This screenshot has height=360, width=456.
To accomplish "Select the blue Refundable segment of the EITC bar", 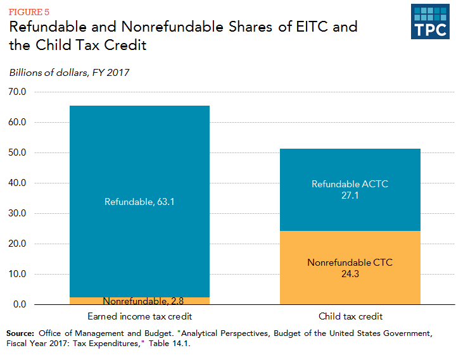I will (x=139, y=158).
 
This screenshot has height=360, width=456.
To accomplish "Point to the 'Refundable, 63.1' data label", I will (x=139, y=202).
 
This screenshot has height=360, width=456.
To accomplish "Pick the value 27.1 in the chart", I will (x=350, y=196).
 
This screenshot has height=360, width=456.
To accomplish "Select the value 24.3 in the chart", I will (x=350, y=274).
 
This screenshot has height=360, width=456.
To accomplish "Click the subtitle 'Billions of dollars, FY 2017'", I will (x=69, y=72).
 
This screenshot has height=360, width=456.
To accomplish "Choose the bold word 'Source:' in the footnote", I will (x=21, y=333).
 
